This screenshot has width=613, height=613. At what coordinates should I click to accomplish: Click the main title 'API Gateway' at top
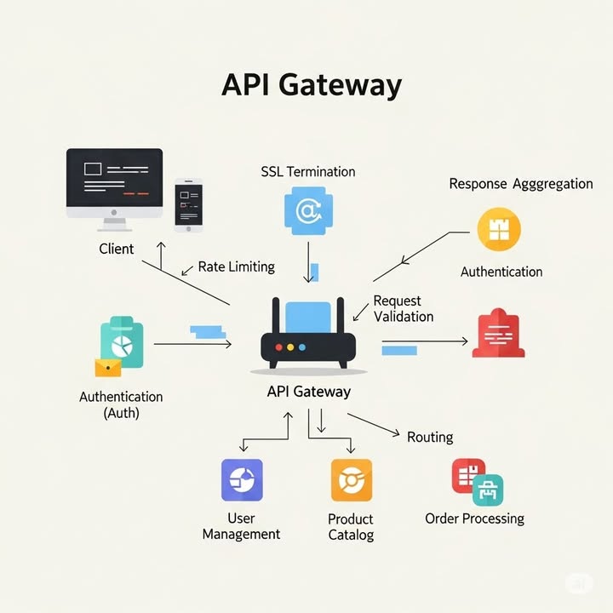pyautogui.click(x=311, y=86)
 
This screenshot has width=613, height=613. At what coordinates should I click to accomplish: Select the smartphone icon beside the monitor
pyautogui.click(x=188, y=205)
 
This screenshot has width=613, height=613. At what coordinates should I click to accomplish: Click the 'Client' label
pyautogui.click(x=117, y=249)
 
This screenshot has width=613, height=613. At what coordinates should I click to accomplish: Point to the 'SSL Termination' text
pyautogui.click(x=307, y=171)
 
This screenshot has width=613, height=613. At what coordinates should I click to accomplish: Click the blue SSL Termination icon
pyautogui.click(x=307, y=210)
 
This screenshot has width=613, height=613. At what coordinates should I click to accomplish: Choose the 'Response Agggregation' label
pyautogui.click(x=520, y=184)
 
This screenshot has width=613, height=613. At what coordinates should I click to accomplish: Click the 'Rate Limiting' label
pyautogui.click(x=236, y=266)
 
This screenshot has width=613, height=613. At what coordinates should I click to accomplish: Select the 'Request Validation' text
pyautogui.click(x=403, y=308)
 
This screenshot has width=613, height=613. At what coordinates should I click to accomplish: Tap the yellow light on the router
pyautogui.click(x=290, y=347)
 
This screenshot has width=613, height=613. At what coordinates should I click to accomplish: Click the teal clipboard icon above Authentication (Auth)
pyautogui.click(x=121, y=342)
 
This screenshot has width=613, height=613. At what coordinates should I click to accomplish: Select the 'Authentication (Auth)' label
pyautogui.click(x=121, y=404)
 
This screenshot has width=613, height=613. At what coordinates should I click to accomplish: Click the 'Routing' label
pyautogui.click(x=429, y=437)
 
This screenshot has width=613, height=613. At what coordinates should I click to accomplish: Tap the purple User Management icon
pyautogui.click(x=242, y=480)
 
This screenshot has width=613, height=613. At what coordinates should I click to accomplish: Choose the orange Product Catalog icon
pyautogui.click(x=351, y=480)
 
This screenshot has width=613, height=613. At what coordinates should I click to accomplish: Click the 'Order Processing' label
pyautogui.click(x=474, y=518)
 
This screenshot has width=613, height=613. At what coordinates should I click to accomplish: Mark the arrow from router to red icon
pyautogui.click(x=426, y=341)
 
